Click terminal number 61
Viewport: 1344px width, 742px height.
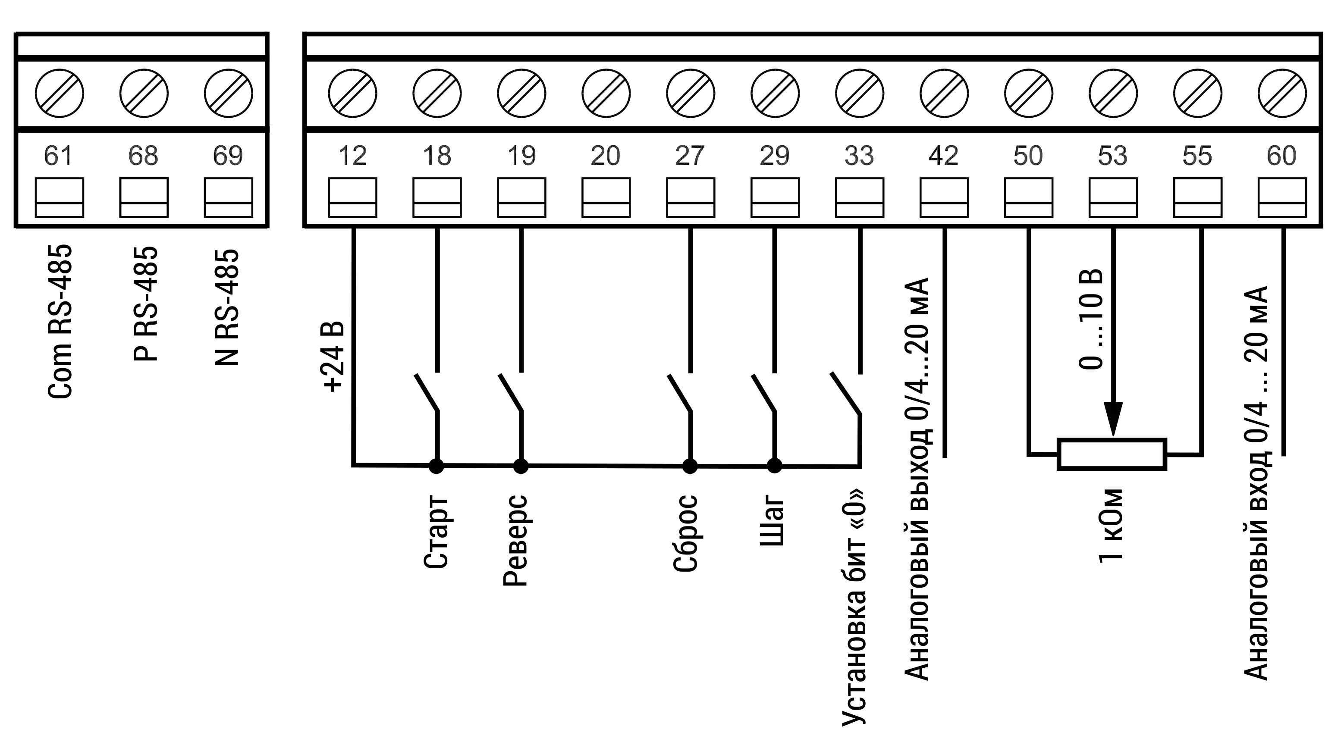tap(58, 155)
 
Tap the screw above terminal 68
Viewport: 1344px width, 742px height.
tap(144, 94)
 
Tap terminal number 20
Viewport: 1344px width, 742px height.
tap(605, 155)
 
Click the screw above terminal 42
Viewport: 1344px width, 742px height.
tap(944, 94)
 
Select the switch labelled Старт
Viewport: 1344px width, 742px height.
tap(427, 392)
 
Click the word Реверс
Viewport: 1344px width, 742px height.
tap(515, 541)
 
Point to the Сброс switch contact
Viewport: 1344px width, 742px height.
tap(680, 392)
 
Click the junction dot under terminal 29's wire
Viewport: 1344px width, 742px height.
tap(774, 466)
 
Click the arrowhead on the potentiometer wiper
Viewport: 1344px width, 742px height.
tap(1113, 420)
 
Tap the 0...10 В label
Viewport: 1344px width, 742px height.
tap(1091, 319)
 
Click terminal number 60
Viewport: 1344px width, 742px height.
tap(1281, 155)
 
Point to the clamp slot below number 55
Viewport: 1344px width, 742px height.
tap(1197, 197)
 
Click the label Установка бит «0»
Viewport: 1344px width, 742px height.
tap(854, 607)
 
